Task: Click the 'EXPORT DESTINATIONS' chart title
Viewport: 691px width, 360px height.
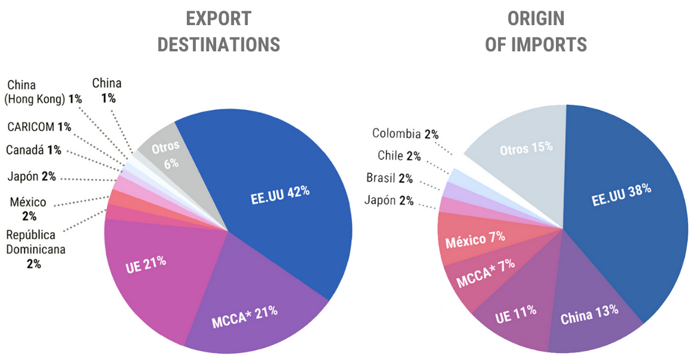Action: [x=218, y=31]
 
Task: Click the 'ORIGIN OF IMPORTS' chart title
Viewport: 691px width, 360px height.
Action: [x=535, y=31]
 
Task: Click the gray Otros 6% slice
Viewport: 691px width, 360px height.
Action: [x=165, y=155]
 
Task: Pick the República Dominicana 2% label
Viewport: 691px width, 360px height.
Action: [x=35, y=249]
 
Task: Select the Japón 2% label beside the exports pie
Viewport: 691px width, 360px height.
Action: [x=32, y=177]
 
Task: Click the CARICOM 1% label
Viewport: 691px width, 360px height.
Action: [x=39, y=127]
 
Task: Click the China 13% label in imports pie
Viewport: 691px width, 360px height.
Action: [x=589, y=314]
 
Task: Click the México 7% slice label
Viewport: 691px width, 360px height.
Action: [x=475, y=241]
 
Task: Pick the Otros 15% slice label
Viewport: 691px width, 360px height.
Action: [x=526, y=147]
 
